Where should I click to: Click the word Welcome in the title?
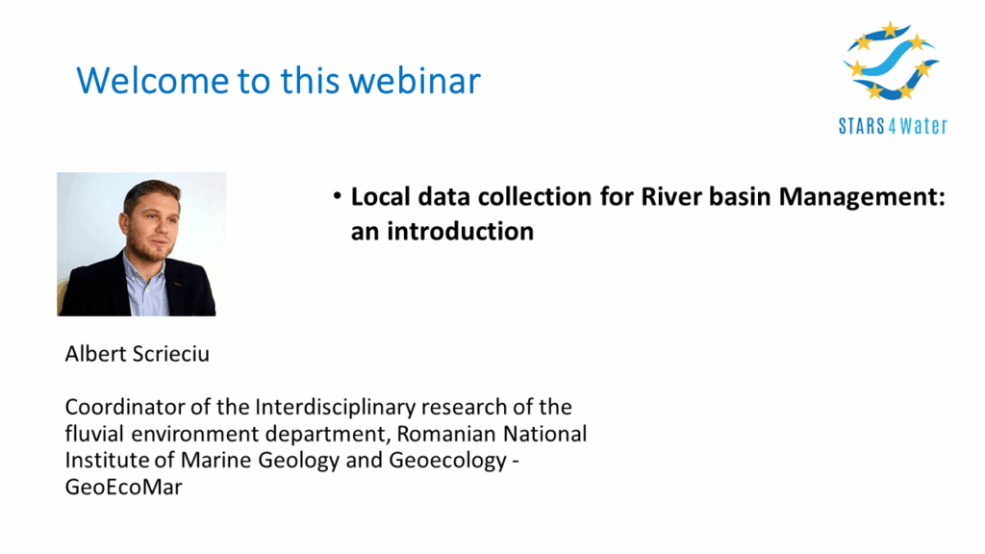click(153, 81)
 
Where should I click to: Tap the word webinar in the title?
click(415, 81)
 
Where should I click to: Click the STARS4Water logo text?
click(893, 126)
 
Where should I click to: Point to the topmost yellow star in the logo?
click(890, 29)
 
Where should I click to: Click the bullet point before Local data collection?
click(338, 196)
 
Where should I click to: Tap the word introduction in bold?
click(460, 231)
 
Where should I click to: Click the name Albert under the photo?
click(96, 354)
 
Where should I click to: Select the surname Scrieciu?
click(171, 354)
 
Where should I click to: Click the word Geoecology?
click(447, 461)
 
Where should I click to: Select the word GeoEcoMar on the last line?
click(124, 488)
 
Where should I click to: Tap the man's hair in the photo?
click(151, 190)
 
